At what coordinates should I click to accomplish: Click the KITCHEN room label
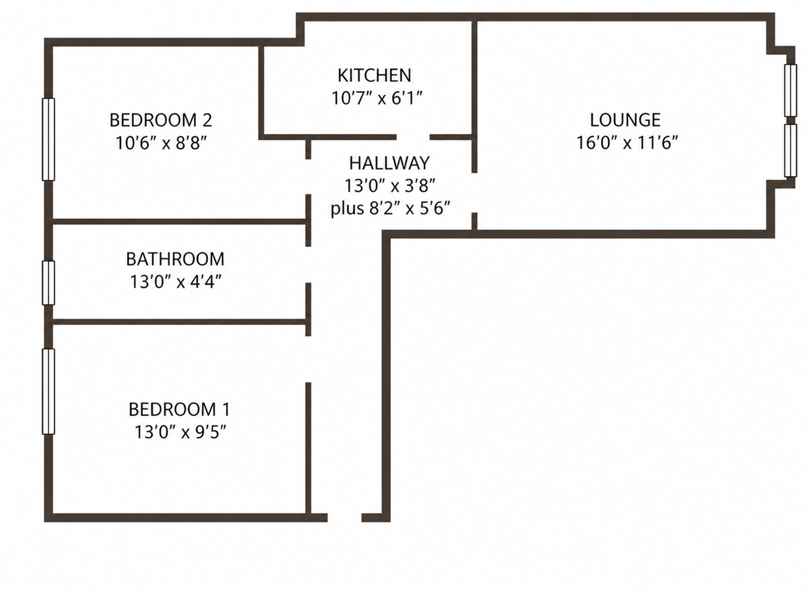374,75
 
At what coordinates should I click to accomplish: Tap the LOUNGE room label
625,120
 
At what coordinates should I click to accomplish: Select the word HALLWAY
389,163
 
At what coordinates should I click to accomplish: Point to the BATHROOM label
175,259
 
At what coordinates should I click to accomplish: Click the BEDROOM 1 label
179,409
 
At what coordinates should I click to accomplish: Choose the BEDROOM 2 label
160,120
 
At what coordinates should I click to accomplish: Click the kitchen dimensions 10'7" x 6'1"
377,98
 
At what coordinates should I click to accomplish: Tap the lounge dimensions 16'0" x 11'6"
627,143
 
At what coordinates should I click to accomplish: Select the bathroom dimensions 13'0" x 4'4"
175,281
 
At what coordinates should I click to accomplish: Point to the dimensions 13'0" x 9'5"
180,432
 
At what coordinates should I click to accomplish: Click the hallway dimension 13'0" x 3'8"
389,186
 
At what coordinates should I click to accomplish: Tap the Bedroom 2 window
49,140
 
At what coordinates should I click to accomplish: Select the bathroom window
49,283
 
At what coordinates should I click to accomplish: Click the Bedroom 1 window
49,391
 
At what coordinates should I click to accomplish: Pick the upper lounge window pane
791,90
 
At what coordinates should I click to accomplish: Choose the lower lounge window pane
791,151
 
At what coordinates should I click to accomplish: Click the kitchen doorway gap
413,137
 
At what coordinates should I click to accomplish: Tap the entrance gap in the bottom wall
344,517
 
